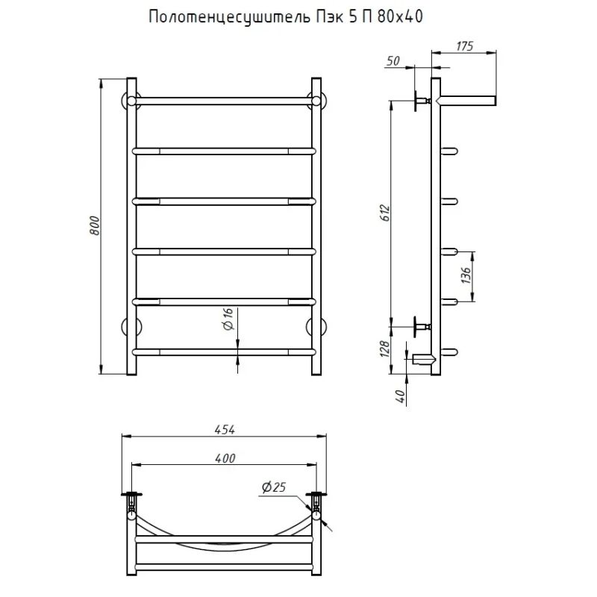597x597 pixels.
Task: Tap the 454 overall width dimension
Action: [225, 429]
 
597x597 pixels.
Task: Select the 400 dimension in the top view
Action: [225, 457]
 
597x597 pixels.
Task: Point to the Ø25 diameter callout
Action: [274, 487]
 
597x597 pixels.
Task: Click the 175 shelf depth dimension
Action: [464, 46]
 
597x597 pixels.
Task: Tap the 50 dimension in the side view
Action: [393, 60]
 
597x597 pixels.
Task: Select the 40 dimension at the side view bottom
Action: [401, 396]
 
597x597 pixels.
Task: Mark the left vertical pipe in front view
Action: [132, 224]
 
